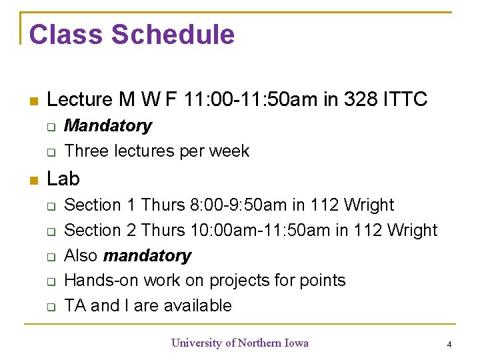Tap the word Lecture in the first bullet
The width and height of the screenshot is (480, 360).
click(x=80, y=100)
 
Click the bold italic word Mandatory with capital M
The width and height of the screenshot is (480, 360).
click(x=108, y=126)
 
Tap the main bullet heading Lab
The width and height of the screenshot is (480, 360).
click(x=64, y=179)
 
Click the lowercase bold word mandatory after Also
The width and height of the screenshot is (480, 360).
click(x=147, y=256)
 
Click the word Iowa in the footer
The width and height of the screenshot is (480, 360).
click(x=297, y=343)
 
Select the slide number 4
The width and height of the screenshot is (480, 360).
click(x=449, y=345)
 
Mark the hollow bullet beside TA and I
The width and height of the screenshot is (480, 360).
click(x=50, y=307)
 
